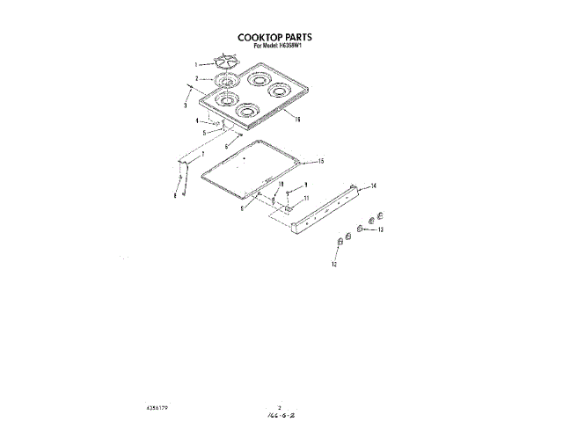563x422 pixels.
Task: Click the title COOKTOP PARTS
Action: click(x=275, y=38)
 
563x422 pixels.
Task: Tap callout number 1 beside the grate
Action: click(x=196, y=65)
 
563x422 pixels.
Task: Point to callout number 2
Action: click(x=197, y=79)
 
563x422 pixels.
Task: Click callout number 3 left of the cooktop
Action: click(x=186, y=105)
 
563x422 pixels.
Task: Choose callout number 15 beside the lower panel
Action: click(x=322, y=161)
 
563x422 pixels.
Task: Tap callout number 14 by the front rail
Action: click(x=373, y=186)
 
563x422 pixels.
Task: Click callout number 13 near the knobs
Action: click(x=381, y=229)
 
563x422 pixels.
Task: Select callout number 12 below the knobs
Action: click(x=334, y=263)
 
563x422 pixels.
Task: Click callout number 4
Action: click(x=197, y=120)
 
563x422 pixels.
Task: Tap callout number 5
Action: click(x=204, y=132)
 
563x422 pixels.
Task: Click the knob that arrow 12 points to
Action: click(x=340, y=243)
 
